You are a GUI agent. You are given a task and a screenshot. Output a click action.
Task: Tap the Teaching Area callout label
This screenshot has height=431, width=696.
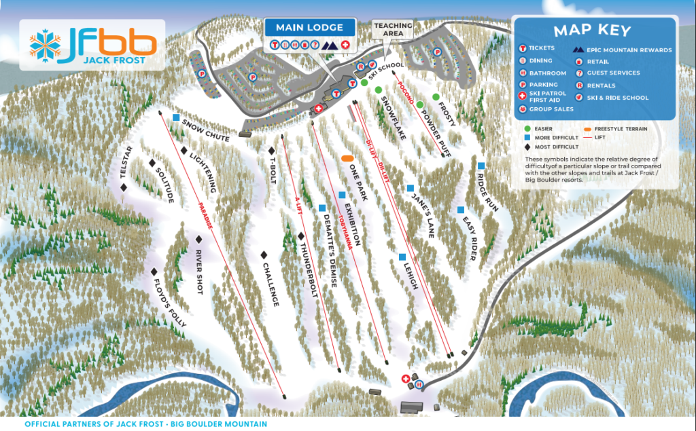point(393,29)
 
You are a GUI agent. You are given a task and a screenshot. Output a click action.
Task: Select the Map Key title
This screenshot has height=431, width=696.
point(592,31)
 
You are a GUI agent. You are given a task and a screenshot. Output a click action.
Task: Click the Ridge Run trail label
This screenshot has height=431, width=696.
point(487,192)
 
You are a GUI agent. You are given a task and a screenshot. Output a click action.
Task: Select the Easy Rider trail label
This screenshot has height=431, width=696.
point(469,238)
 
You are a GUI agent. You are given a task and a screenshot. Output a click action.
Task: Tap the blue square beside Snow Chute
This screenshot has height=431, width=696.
point(176,117)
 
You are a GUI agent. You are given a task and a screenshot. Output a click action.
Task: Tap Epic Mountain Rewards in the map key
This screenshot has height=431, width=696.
point(629,50)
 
